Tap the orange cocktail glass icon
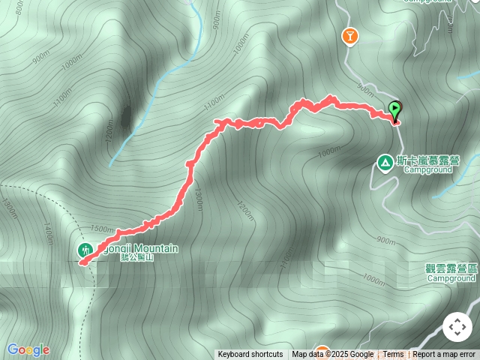(349, 35)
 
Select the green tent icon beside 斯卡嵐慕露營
(385, 162)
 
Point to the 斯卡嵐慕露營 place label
(428, 160)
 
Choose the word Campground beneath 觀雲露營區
(451, 278)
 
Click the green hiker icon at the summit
(85, 249)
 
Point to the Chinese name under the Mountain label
(136, 258)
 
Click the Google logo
(28, 349)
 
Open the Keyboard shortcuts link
(250, 355)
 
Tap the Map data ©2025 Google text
(333, 355)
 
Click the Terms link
(393, 355)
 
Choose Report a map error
(445, 355)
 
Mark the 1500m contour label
(101, 229)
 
